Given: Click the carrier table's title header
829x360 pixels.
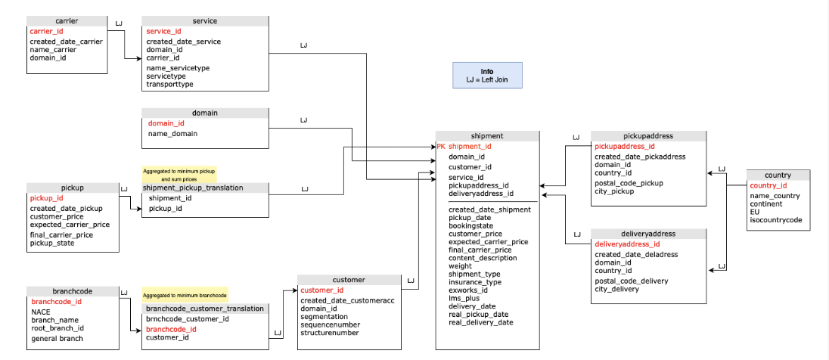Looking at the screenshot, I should pos(67,20).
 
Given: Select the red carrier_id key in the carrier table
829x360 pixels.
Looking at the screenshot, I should pos(46,31).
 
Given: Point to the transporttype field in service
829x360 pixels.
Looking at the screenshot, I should pos(169,85).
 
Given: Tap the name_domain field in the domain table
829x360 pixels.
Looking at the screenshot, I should pos(172,134).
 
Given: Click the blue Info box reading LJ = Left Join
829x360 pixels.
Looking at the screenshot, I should pos(486,76).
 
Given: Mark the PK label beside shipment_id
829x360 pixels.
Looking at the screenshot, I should pos(441,146).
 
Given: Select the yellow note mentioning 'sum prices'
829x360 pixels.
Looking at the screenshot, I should pos(179,175).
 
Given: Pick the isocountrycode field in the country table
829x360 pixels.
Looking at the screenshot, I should pos(775,220).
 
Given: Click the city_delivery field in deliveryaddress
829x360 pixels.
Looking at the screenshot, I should pos(616,289).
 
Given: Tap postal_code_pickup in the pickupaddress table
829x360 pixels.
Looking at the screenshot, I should pos(628,183).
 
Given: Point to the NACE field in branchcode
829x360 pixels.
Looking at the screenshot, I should pos(41,312).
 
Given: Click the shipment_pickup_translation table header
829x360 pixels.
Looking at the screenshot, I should pos(193,188).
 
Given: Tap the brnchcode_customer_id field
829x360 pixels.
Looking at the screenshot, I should pos(187,319).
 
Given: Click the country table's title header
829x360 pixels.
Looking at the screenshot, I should pos(778,175).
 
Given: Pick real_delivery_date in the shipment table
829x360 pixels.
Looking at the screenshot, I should pos(480,322).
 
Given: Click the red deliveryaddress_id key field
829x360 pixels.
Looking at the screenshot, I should pos(627,244).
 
